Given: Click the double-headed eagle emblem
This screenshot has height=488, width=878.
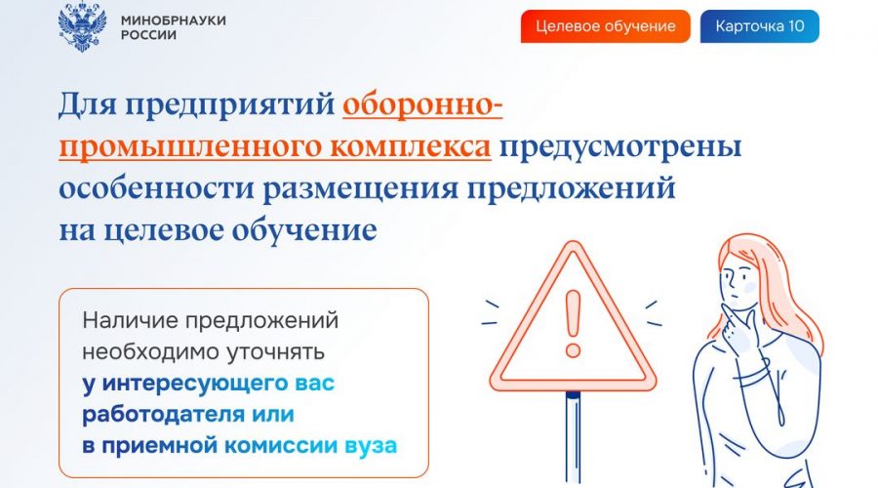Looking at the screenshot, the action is pyautogui.click(x=82, y=26).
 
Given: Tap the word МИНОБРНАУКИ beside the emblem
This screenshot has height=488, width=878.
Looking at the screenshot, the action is pyautogui.click(x=173, y=20).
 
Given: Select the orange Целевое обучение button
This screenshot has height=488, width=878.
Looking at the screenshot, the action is pyautogui.click(x=605, y=26).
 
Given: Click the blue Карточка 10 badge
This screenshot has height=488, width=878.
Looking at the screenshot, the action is pyautogui.click(x=759, y=26).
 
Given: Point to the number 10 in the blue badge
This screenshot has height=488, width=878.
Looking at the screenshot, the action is pyautogui.click(x=796, y=25).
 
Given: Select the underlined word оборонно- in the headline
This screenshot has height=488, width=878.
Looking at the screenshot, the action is pyautogui.click(x=422, y=105).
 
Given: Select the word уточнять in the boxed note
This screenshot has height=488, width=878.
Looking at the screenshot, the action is pyautogui.click(x=275, y=352).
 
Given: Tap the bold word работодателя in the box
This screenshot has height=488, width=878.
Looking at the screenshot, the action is pyautogui.click(x=164, y=415).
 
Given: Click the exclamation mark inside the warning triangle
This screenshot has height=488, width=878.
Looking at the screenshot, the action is pyautogui.click(x=573, y=324).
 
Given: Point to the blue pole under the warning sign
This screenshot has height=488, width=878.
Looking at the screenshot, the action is pyautogui.click(x=573, y=436).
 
